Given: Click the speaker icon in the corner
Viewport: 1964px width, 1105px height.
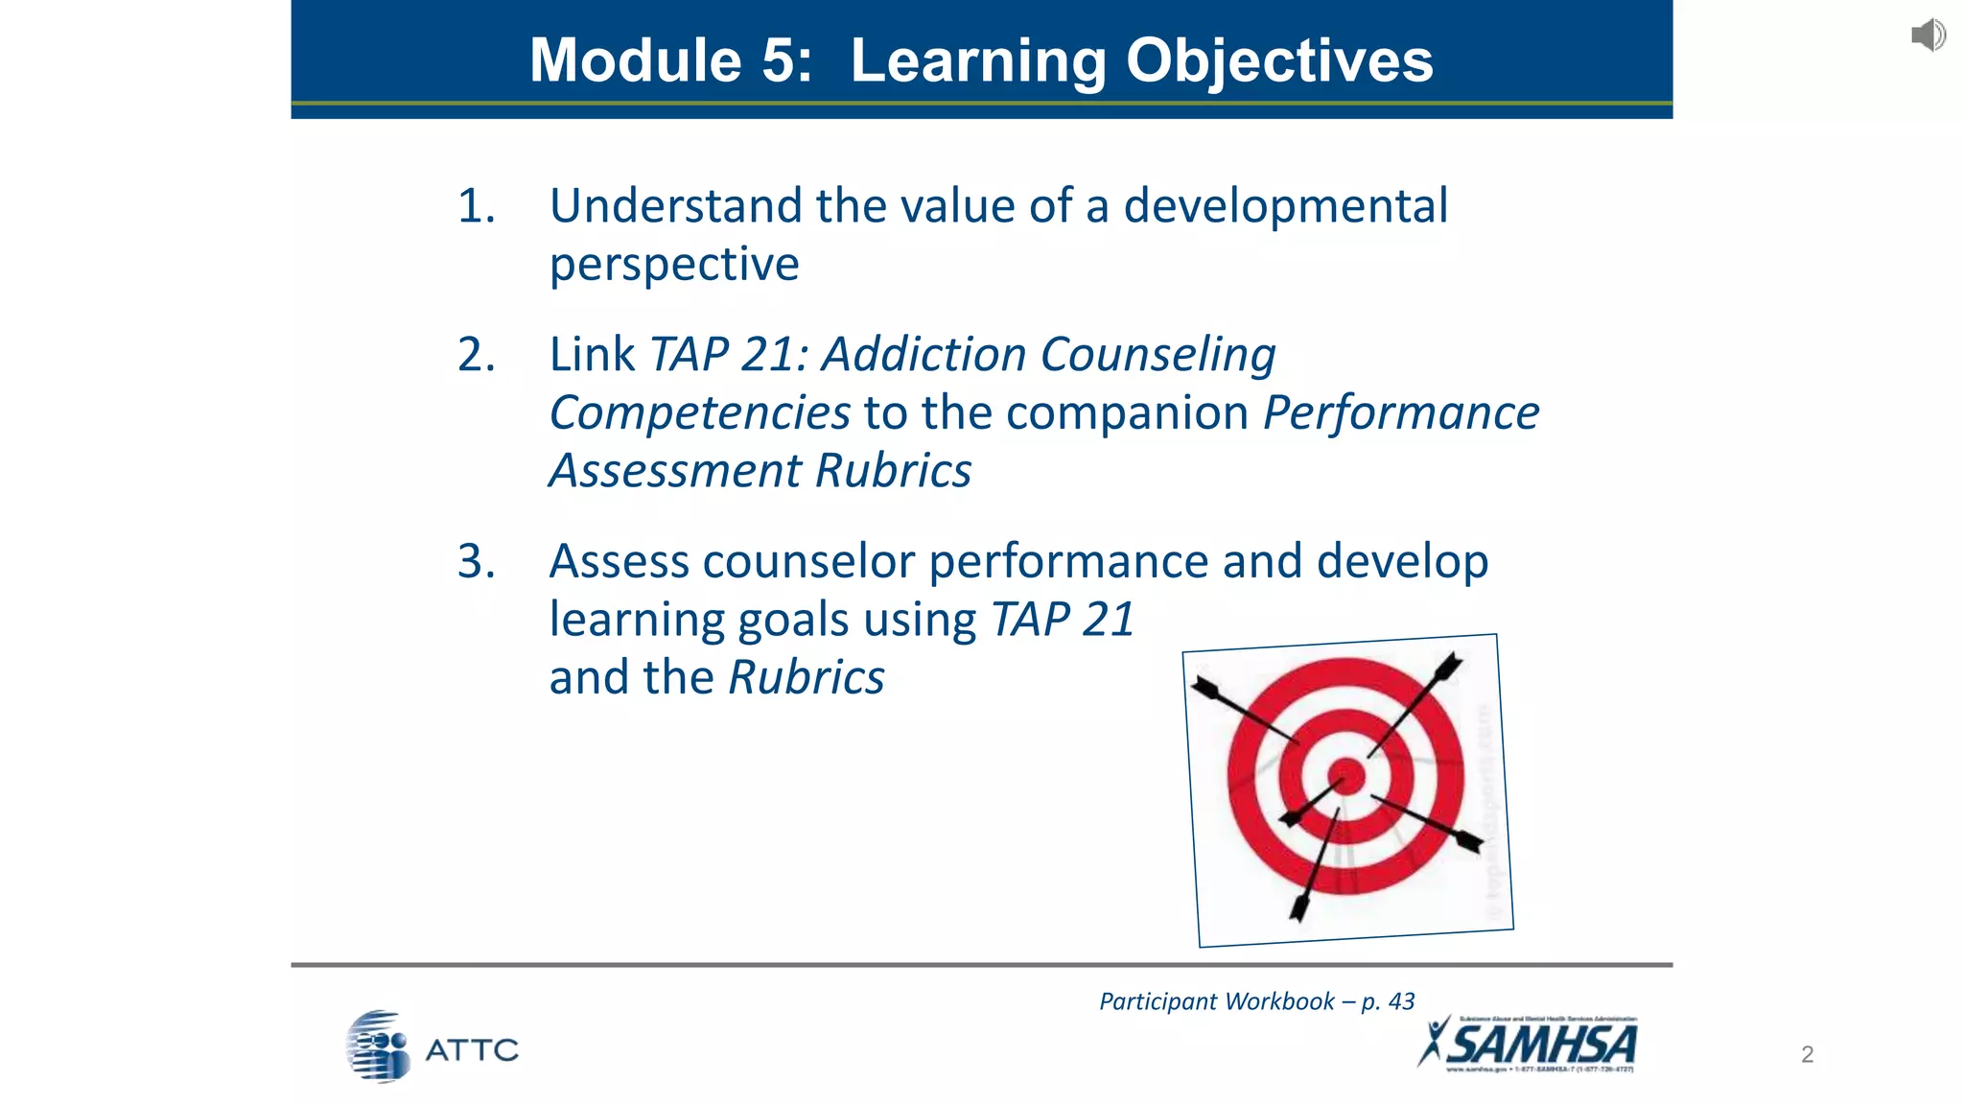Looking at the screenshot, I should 1928,35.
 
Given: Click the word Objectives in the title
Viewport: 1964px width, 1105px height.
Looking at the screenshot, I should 1279,60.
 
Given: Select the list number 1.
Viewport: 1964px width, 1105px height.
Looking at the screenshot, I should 476,206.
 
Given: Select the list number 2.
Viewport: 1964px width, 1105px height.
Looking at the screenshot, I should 476,355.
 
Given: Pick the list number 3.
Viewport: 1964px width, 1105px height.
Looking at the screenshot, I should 476,561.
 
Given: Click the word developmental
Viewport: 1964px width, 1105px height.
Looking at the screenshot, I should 1285,206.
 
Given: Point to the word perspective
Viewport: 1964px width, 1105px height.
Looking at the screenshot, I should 674,265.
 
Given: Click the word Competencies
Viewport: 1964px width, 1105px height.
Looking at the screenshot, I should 699,413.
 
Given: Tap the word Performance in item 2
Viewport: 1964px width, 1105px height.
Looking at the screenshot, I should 1401,413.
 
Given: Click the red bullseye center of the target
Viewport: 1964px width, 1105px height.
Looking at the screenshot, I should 1346,775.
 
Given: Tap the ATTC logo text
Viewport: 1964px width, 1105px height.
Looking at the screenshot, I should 471,1050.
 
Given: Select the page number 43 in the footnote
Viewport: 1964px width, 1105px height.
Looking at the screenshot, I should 1401,1001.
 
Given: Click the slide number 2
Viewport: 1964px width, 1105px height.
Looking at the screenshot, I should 1807,1054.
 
